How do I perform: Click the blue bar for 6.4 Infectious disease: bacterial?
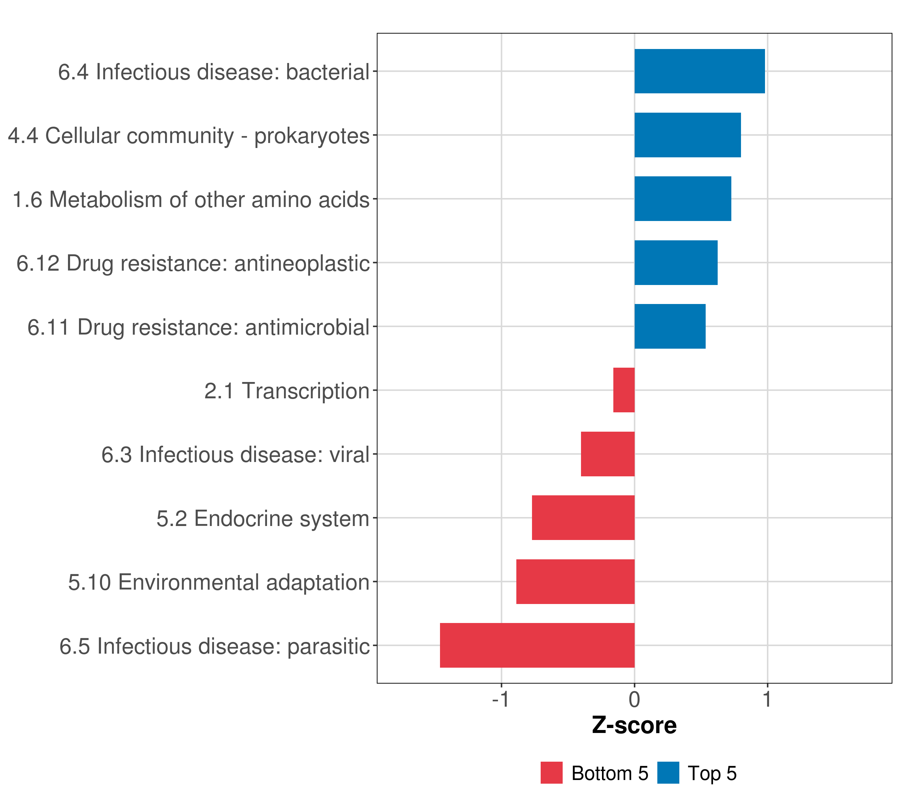(699, 71)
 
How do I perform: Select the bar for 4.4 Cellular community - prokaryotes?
(687, 135)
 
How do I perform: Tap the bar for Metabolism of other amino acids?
(682, 199)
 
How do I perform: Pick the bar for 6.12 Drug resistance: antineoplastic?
(676, 263)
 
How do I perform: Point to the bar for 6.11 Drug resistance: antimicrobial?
(670, 327)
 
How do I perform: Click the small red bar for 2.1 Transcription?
(624, 390)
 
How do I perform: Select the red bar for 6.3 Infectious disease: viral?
(608, 454)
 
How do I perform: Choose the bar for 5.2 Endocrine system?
(583, 518)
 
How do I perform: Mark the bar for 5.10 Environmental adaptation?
(575, 582)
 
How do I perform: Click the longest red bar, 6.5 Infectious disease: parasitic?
(537, 645)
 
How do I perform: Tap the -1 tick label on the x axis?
(501, 700)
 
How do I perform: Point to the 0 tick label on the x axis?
(634, 700)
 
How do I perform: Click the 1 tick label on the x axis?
(767, 700)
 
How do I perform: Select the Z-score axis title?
(634, 726)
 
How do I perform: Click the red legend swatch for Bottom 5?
(551, 773)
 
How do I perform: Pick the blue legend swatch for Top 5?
(668, 773)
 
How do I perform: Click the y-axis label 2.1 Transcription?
(287, 391)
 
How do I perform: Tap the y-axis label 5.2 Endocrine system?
(262, 519)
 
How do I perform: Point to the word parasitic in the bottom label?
(328, 647)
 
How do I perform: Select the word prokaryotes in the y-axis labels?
(312, 136)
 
